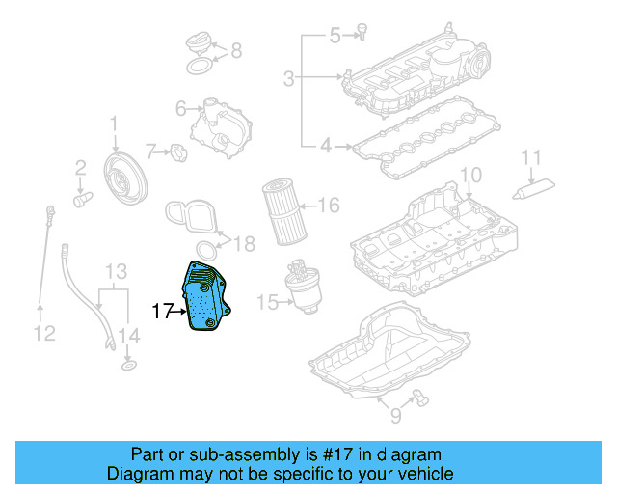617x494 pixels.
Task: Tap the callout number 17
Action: click(x=163, y=311)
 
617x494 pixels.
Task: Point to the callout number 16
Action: click(x=329, y=205)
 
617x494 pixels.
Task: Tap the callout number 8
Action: click(x=236, y=50)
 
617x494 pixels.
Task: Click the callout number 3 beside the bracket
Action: click(x=288, y=77)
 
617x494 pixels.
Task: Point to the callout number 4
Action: click(x=326, y=147)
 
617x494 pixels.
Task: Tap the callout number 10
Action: click(x=469, y=175)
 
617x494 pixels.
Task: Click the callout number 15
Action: click(x=263, y=302)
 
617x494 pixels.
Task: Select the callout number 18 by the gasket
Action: click(x=245, y=245)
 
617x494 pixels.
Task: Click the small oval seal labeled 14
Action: click(x=128, y=367)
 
